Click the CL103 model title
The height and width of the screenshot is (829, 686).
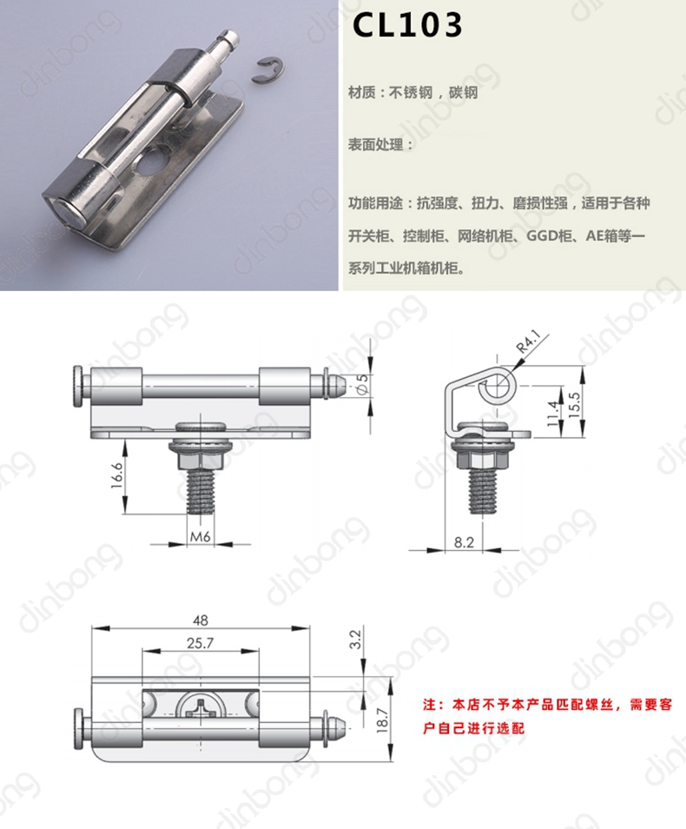point(407,25)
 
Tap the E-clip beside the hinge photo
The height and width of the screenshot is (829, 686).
point(271,71)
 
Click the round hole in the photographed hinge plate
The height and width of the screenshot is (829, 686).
point(150,162)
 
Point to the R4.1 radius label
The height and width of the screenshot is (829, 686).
point(528,342)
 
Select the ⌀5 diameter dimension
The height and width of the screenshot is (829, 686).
point(362,384)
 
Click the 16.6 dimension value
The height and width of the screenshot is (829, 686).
point(117,475)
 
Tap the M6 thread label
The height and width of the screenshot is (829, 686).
point(201,537)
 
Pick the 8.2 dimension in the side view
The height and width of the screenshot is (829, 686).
point(464,542)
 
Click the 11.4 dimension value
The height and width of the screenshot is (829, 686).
point(552,414)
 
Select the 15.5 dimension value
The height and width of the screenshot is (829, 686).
point(574,405)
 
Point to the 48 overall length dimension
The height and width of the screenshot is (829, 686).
point(201,620)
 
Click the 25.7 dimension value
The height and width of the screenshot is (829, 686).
point(201,643)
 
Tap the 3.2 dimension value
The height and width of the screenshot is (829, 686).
point(355,640)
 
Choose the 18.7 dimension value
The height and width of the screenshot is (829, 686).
point(382,720)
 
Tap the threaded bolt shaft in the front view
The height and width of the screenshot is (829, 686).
point(201,492)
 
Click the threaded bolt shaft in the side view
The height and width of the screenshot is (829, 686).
point(482,492)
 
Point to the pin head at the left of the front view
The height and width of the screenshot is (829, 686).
point(78,387)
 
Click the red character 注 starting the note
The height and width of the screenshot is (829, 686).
point(430,705)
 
